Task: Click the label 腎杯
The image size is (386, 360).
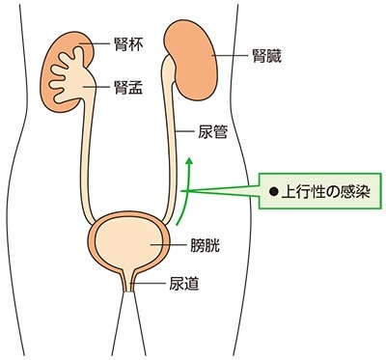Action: point(128,44)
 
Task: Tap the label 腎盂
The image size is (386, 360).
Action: point(128,87)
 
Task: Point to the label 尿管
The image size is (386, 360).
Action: point(212,131)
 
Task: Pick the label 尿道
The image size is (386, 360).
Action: point(184,283)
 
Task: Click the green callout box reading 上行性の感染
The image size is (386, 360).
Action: point(320,191)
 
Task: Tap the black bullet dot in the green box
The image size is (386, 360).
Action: point(274,192)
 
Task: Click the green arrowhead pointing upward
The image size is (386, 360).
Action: point(190,161)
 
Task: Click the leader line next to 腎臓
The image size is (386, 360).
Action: point(230,55)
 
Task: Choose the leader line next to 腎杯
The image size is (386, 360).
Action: point(95,44)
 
